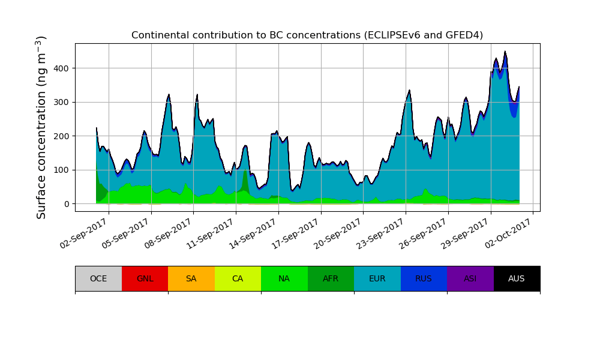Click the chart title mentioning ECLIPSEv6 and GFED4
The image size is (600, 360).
click(307, 35)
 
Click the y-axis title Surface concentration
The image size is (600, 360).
click(41, 127)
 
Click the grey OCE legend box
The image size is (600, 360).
click(98, 278)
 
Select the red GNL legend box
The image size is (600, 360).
click(145, 278)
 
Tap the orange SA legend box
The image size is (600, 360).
click(191, 278)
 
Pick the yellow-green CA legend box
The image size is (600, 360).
click(238, 278)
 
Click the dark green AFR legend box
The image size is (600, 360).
click(331, 278)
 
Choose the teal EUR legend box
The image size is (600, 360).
click(377, 278)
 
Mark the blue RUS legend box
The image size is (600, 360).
click(424, 278)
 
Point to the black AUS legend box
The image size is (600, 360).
click(517, 278)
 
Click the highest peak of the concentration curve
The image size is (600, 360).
click(505, 52)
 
